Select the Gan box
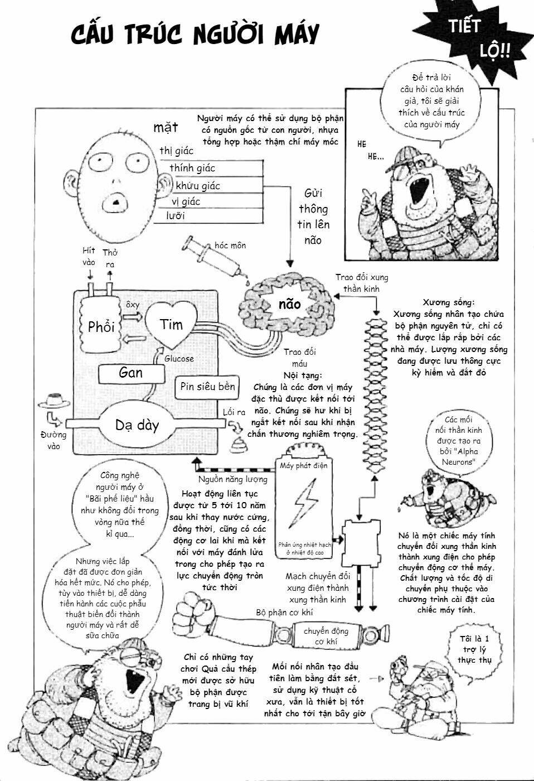tap(131, 373)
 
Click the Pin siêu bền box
tap(208, 387)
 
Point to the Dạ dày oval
tap(137, 426)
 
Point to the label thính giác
tap(192, 168)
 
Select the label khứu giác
tap(198, 185)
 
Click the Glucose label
tap(178, 359)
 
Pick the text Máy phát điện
tap(304, 465)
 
